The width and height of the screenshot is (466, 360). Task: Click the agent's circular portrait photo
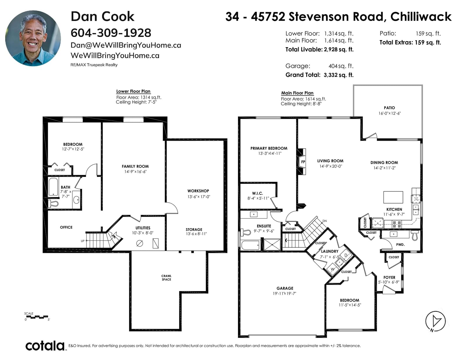pyautogui.click(x=33, y=38)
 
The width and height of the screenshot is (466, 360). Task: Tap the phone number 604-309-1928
pyautogui.click(x=111, y=33)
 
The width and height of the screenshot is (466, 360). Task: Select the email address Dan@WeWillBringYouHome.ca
pyautogui.click(x=126, y=45)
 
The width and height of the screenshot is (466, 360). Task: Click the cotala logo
pyautogui.click(x=45, y=346)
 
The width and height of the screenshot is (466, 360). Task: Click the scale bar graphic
pyautogui.click(x=37, y=317)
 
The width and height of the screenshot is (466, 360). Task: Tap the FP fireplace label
pyautogui.click(x=303, y=162)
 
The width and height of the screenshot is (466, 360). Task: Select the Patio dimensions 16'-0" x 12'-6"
pyautogui.click(x=389, y=114)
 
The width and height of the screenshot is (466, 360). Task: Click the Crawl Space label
pyautogui.click(x=166, y=278)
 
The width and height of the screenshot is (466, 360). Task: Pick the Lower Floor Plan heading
pyautogui.click(x=133, y=91)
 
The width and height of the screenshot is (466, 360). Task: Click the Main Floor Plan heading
pyautogui.click(x=297, y=93)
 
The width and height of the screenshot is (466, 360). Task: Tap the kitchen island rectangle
pyautogui.click(x=393, y=197)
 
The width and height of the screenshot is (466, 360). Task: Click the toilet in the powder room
pyautogui.click(x=415, y=235)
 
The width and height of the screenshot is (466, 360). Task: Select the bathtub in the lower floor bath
pyautogui.click(x=53, y=187)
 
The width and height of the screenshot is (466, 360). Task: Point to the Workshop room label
pyautogui.click(x=198, y=191)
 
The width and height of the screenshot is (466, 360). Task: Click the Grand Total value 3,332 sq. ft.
pyautogui.click(x=339, y=75)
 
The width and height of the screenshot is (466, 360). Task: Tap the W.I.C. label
pyautogui.click(x=257, y=193)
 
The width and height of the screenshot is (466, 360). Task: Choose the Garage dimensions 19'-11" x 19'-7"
pyautogui.click(x=284, y=294)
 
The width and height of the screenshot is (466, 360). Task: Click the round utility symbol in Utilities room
pyautogui.click(x=140, y=243)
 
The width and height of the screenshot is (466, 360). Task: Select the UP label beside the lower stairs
pyautogui.click(x=82, y=241)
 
